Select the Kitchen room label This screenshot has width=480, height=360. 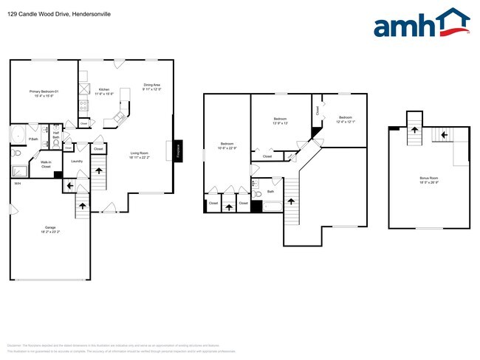104,91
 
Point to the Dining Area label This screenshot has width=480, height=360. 152,86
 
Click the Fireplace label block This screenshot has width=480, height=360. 178,150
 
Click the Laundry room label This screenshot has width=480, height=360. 76,161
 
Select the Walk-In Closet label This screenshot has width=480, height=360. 45,165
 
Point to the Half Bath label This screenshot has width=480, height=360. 55,135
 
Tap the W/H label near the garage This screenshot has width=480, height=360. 17,183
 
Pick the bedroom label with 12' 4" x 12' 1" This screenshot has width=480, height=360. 346,120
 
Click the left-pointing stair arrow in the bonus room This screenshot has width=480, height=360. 445,134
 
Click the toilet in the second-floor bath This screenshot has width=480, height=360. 258,195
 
